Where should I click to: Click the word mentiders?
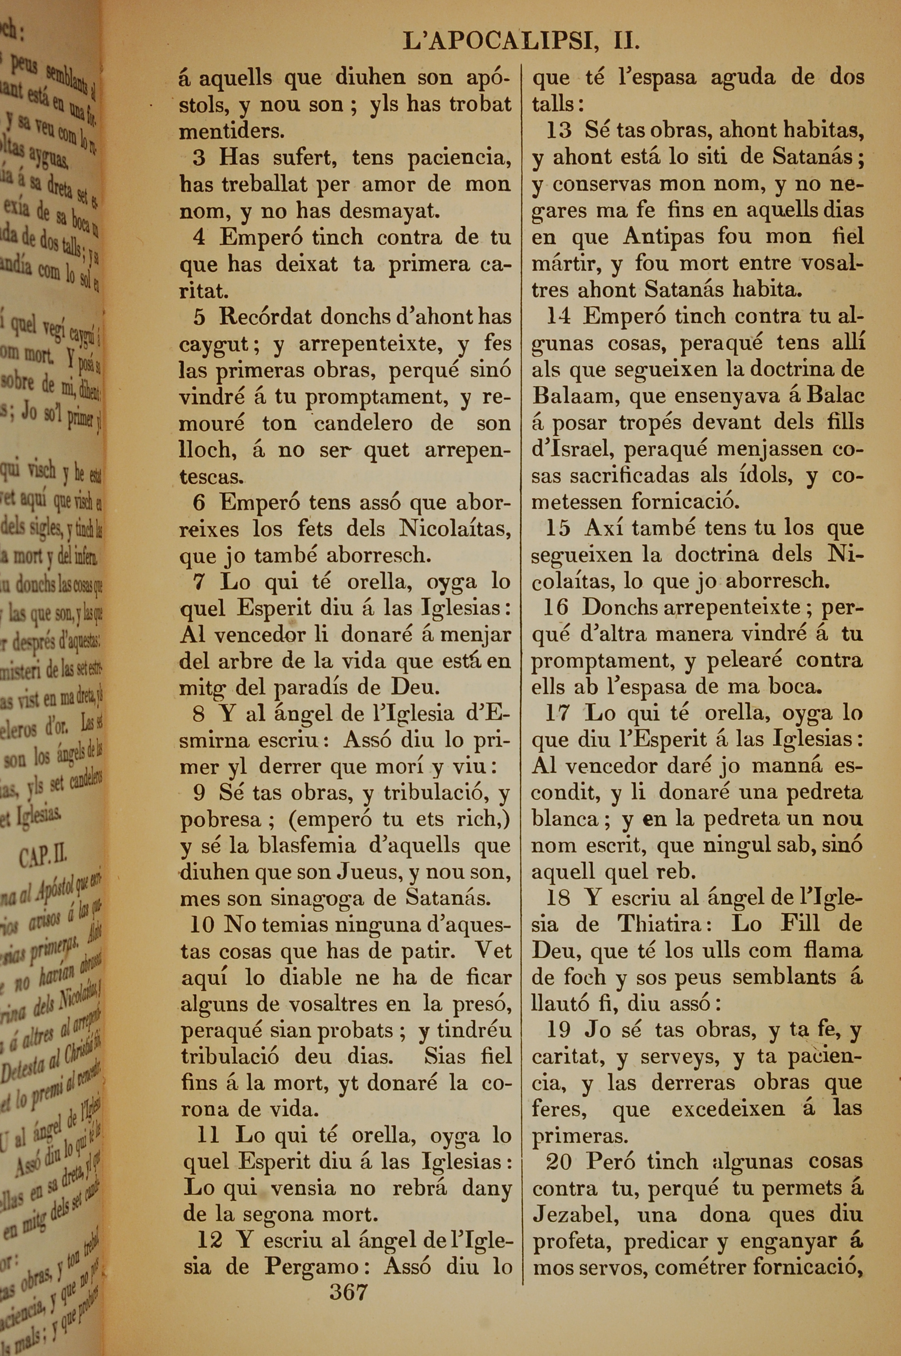pos(232,132)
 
